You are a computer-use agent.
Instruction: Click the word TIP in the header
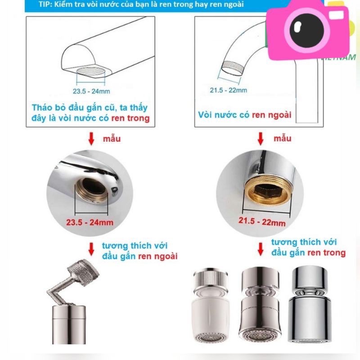point(44,4)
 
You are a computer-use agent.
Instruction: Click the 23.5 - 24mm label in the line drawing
point(91,91)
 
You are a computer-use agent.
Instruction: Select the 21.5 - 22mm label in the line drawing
point(229,90)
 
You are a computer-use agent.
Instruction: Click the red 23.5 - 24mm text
point(90,222)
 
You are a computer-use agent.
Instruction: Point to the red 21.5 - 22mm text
point(262,221)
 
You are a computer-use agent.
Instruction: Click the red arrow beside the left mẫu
point(91,139)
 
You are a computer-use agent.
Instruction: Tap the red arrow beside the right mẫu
point(261,139)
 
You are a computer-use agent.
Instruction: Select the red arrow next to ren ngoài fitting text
point(91,249)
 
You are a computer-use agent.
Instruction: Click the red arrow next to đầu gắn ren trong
point(261,249)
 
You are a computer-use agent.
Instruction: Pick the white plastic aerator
point(210,305)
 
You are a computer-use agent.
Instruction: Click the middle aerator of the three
point(260,305)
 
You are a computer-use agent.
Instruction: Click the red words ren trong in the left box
point(130,118)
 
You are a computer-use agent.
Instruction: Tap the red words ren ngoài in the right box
point(272,115)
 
